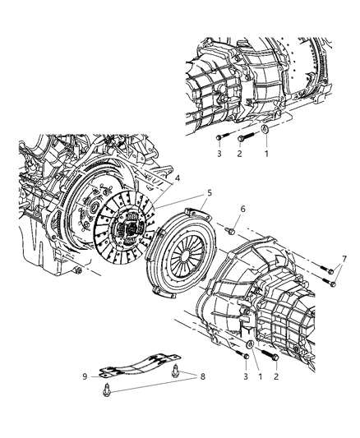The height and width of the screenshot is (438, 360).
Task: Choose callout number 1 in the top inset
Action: [x=265, y=154]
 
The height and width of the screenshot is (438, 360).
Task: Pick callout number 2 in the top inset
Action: [x=240, y=154]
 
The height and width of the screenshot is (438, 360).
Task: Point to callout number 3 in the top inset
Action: [x=219, y=154]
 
